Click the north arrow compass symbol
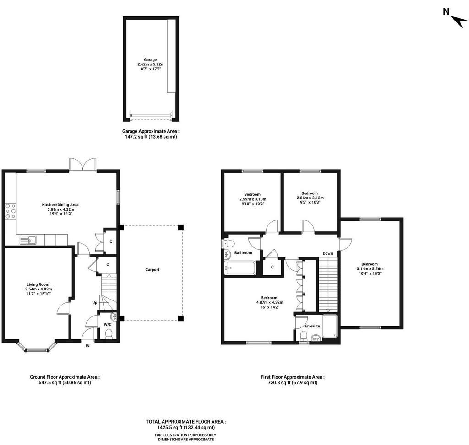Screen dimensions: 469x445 point(458,21)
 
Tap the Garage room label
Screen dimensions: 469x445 point(150,60)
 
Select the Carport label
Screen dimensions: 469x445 point(152,270)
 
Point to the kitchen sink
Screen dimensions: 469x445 point(28,240)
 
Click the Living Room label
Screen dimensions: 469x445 point(38,284)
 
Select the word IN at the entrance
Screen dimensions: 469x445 point(87,346)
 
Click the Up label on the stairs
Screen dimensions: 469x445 point(94,303)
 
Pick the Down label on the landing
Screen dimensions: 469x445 point(328,253)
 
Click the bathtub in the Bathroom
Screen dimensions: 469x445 point(240,268)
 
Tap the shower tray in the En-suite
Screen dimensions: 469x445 point(330,326)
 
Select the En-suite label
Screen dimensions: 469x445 point(312,326)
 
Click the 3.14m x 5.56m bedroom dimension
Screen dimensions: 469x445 point(370,269)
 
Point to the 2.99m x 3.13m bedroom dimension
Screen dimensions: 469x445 point(253,199)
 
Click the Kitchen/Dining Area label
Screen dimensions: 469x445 point(60,205)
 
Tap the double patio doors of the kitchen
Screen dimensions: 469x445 point(82,165)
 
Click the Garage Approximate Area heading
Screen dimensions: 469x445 point(151,131)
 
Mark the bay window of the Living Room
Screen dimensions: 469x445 point(37,346)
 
